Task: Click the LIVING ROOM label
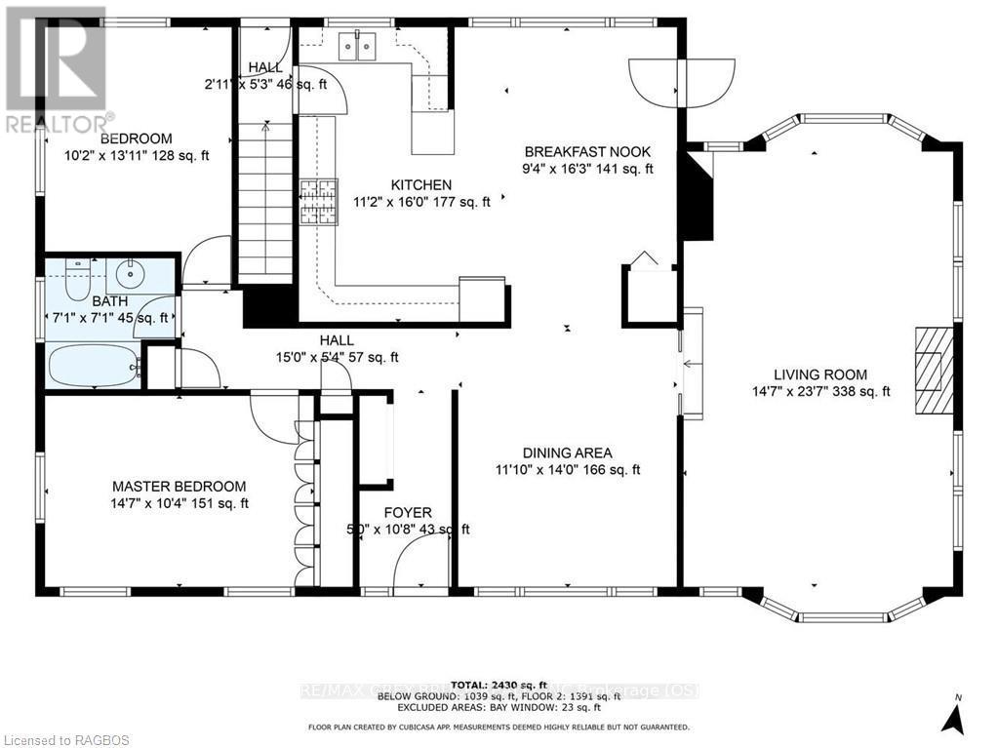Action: pyautogui.click(x=819, y=374)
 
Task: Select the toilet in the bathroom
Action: pyautogui.click(x=75, y=279)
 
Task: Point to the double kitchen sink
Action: pyautogui.click(x=358, y=46)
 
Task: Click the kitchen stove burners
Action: pyautogui.click(x=317, y=202)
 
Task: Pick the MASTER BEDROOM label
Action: pyautogui.click(x=179, y=486)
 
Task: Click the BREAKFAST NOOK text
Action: pyautogui.click(x=587, y=152)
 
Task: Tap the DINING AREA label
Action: pyautogui.click(x=567, y=453)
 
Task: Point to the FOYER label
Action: pyautogui.click(x=408, y=513)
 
